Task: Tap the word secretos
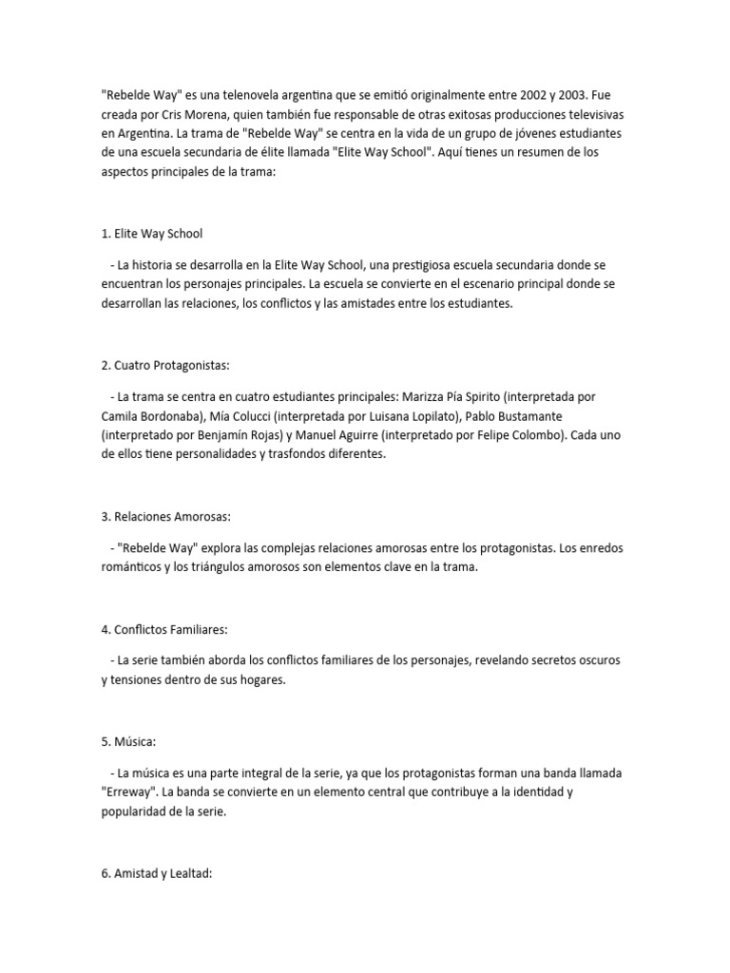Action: point(559,659)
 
